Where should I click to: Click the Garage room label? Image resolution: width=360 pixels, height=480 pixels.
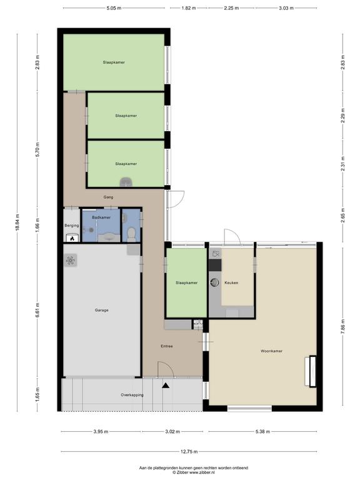101,310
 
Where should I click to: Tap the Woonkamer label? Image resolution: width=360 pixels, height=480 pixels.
271,351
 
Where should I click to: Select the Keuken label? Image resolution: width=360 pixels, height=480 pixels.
231,283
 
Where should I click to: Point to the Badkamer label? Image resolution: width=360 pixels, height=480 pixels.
101,217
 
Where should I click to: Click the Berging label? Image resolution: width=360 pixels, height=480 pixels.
72,226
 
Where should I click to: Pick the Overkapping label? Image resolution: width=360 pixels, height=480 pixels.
132,395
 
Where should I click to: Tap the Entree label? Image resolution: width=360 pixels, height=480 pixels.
167,346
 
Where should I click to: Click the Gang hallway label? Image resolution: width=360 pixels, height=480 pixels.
108,197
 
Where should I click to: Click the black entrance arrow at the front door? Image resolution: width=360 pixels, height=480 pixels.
166,386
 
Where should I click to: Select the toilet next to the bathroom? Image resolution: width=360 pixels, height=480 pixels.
131,233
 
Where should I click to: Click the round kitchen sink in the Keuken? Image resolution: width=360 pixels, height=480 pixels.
215,282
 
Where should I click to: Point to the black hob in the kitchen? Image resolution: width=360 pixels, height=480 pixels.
215,265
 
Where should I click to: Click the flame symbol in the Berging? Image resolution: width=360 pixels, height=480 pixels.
72,239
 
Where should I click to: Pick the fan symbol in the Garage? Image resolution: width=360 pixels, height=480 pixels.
71,261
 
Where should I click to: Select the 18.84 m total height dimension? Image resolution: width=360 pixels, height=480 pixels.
17,222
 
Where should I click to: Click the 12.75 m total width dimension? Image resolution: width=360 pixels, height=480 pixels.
189,451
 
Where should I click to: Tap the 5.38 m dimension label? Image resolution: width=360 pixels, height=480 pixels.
262,432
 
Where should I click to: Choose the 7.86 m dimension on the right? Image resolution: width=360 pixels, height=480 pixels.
343,326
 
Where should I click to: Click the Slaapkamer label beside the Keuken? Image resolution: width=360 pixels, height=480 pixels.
186,283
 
